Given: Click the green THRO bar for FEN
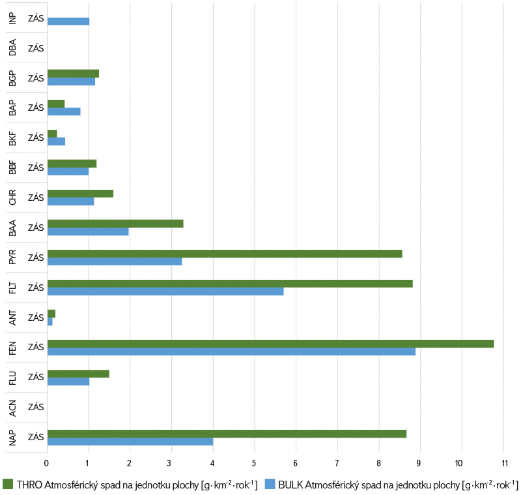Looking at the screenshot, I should click(270, 344).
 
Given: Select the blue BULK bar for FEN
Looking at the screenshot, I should click(231, 352).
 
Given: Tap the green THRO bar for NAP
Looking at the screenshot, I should click(227, 434).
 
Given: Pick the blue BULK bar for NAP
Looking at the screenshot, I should click(130, 442).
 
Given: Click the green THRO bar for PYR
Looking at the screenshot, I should click(225, 254).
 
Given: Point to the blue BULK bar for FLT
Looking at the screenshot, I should click(165, 292).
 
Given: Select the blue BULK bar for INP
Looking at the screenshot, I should click(68, 22).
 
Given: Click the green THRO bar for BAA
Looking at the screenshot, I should click(115, 224).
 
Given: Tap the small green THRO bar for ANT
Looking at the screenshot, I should click(51, 314).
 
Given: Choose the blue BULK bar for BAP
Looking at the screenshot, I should click(64, 112).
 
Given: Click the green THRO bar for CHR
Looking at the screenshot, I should click(80, 194).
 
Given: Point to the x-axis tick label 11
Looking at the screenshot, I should click(503, 463).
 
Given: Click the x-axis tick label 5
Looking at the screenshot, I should click(254, 463).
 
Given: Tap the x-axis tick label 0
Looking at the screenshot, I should click(47, 463).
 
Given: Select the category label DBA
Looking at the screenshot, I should click(13, 48).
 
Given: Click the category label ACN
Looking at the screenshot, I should click(13, 407).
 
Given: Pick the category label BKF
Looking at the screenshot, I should click(13, 138).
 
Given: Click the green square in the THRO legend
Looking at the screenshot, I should click(8, 484).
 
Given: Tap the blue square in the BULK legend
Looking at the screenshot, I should click(270, 484).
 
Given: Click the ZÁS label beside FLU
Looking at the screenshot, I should click(36, 377).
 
